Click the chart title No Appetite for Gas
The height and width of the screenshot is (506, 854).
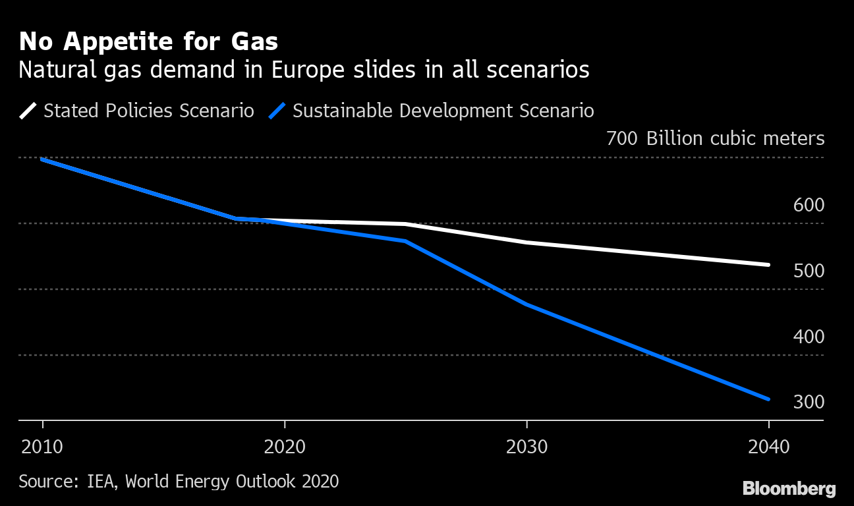pos(148,42)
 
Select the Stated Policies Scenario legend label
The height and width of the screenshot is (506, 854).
pos(148,111)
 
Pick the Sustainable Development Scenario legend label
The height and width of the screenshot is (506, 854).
pos(443,111)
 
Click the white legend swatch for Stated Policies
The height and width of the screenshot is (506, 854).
pos(28,111)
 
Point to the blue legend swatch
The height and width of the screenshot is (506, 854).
pos(277,111)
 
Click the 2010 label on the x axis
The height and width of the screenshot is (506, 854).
pos(42,447)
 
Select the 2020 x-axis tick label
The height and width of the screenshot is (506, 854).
pos(285,447)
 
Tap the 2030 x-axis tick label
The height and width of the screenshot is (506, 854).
pos(527,447)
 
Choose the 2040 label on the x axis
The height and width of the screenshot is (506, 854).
pos(769,447)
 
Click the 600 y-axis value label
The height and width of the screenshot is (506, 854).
pos(809,205)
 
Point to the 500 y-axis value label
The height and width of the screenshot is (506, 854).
pos(809,271)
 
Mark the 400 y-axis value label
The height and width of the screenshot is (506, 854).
pos(809,337)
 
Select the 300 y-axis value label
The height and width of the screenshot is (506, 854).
pos(809,402)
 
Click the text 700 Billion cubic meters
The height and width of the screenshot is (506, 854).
pos(715,139)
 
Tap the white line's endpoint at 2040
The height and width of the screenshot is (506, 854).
pos(768,265)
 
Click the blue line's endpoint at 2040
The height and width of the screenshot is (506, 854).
pos(768,399)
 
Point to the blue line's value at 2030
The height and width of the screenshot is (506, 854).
pos(527,304)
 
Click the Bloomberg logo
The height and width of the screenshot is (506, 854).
pos(789,489)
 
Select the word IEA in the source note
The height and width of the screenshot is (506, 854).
pos(103,482)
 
